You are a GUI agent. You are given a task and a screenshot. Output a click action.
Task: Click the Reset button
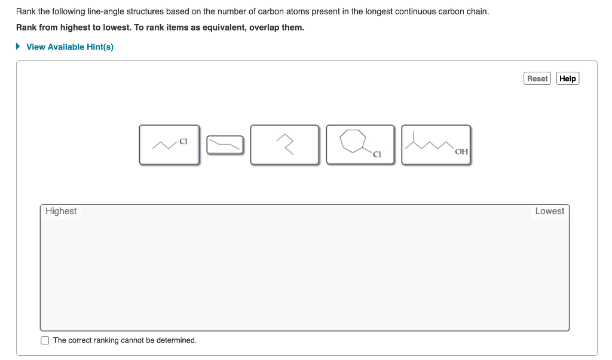537,78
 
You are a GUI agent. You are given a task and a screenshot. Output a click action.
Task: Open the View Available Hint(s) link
70,47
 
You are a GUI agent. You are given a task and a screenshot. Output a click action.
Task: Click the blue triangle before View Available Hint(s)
19,47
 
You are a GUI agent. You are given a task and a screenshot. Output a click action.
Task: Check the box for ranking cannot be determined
45,340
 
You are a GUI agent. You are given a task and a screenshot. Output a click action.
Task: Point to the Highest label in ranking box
61,211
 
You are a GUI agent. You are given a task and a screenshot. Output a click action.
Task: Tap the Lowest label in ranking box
549,211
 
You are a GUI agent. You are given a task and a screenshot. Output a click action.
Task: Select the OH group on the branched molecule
461,151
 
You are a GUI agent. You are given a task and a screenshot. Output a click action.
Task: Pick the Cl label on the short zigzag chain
183,142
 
